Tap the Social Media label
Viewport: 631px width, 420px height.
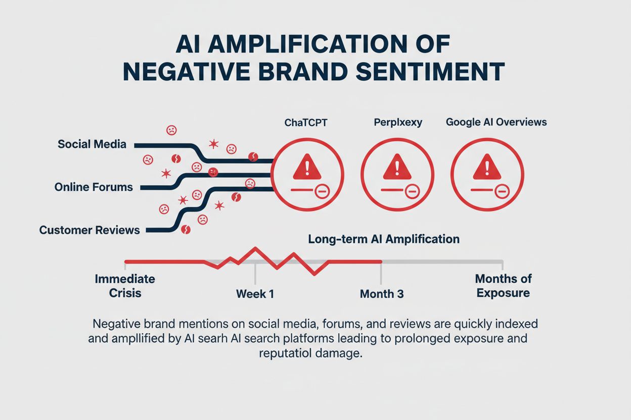92,144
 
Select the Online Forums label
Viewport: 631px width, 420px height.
94,187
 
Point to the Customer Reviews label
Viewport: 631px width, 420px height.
89,230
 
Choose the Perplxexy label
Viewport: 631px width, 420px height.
398,122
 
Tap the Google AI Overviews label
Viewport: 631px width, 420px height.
496,122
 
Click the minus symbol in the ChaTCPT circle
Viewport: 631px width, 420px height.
322,191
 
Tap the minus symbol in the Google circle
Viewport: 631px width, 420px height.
502,191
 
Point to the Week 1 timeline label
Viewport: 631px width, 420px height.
255,293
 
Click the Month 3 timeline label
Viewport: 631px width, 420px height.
382,293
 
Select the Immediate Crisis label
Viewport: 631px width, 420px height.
125,286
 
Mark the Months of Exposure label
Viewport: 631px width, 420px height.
503,286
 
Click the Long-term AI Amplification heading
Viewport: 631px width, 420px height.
384,239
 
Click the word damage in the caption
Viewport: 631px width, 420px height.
343,353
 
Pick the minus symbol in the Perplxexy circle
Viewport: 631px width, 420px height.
412,191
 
